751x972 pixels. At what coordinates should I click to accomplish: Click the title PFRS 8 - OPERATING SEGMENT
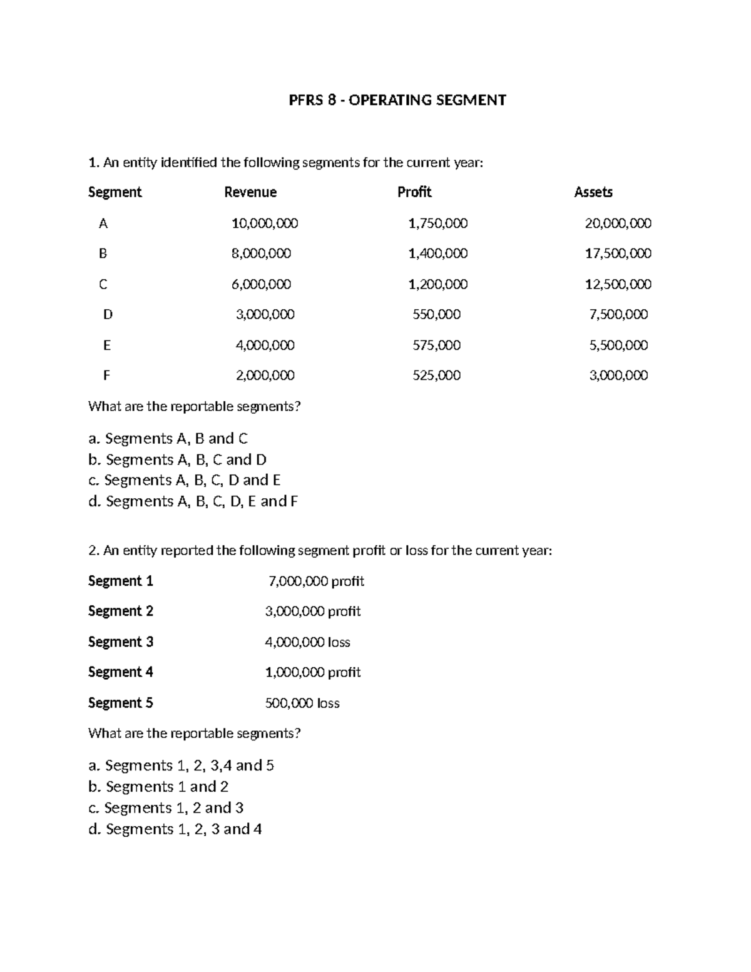click(397, 100)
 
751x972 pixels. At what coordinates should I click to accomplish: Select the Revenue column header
click(250, 192)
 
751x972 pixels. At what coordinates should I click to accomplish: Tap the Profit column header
click(414, 192)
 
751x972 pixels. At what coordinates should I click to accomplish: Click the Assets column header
click(593, 192)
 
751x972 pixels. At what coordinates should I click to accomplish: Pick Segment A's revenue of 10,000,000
click(265, 223)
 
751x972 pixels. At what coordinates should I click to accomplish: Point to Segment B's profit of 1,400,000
click(437, 253)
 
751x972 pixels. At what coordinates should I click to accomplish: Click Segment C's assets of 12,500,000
click(618, 284)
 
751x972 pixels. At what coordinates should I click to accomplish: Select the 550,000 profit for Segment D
click(436, 314)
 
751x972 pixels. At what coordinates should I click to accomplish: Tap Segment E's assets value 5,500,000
click(618, 345)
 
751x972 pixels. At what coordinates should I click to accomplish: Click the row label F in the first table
click(106, 376)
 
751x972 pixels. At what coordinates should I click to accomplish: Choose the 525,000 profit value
click(436, 376)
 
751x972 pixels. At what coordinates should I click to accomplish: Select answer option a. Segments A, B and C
click(168, 438)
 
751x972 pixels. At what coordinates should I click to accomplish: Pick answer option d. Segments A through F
click(193, 501)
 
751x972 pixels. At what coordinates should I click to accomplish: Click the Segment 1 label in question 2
click(120, 581)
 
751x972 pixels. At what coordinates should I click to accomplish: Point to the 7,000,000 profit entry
click(315, 581)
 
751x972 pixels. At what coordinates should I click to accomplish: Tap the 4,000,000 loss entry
click(307, 642)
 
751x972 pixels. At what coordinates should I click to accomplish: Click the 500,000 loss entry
click(302, 703)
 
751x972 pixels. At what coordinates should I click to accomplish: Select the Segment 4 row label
click(120, 672)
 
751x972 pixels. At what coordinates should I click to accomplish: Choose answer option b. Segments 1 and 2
click(158, 787)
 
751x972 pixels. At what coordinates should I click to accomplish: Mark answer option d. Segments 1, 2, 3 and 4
click(175, 829)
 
